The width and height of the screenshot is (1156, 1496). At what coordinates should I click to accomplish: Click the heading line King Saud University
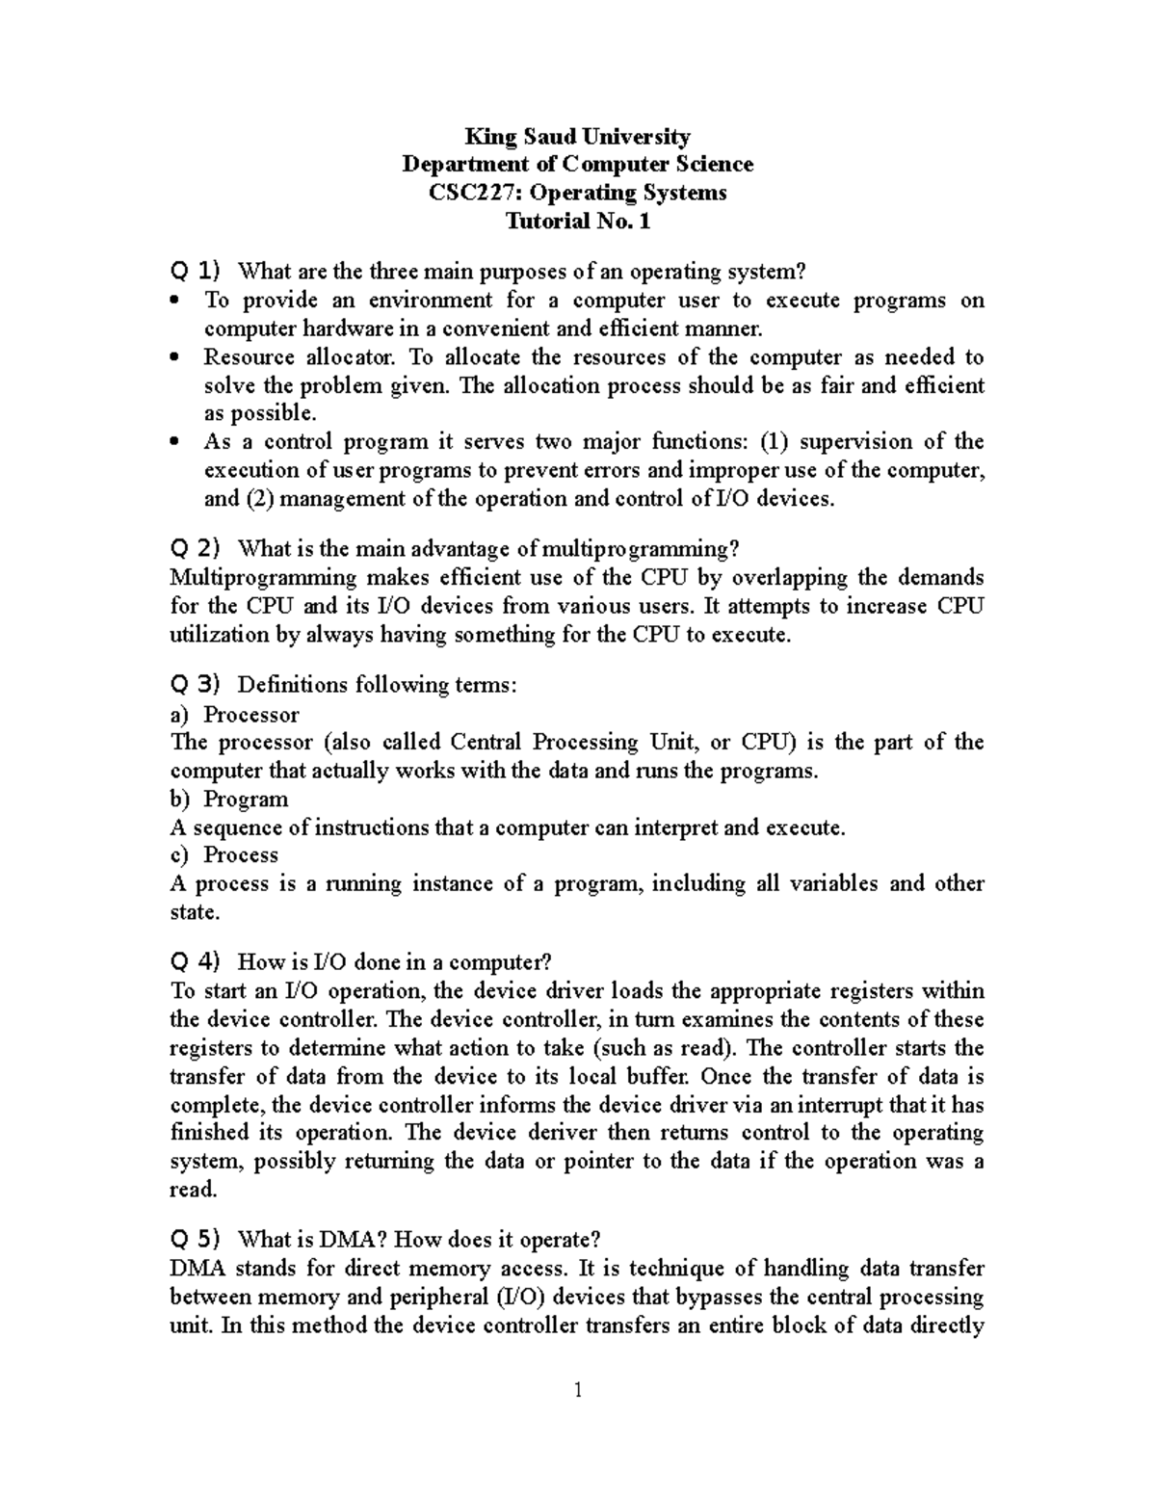pos(577,136)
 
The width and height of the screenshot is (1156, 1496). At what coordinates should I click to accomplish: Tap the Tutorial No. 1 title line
pos(578,221)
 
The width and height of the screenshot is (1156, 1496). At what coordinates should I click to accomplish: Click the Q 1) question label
pos(196,271)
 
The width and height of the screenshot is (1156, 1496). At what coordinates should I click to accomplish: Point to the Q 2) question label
pos(196,548)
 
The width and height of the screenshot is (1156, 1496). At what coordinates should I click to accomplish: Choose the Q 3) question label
pos(196,685)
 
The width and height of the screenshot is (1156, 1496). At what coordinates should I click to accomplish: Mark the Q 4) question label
pos(196,961)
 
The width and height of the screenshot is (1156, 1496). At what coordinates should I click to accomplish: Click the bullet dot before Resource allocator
pos(174,358)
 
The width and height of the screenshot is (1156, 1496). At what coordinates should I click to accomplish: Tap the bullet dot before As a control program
pos(174,443)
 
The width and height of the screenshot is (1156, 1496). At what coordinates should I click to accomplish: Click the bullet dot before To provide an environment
pos(174,302)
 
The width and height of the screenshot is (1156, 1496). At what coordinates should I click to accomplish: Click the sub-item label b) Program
pos(229,799)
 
